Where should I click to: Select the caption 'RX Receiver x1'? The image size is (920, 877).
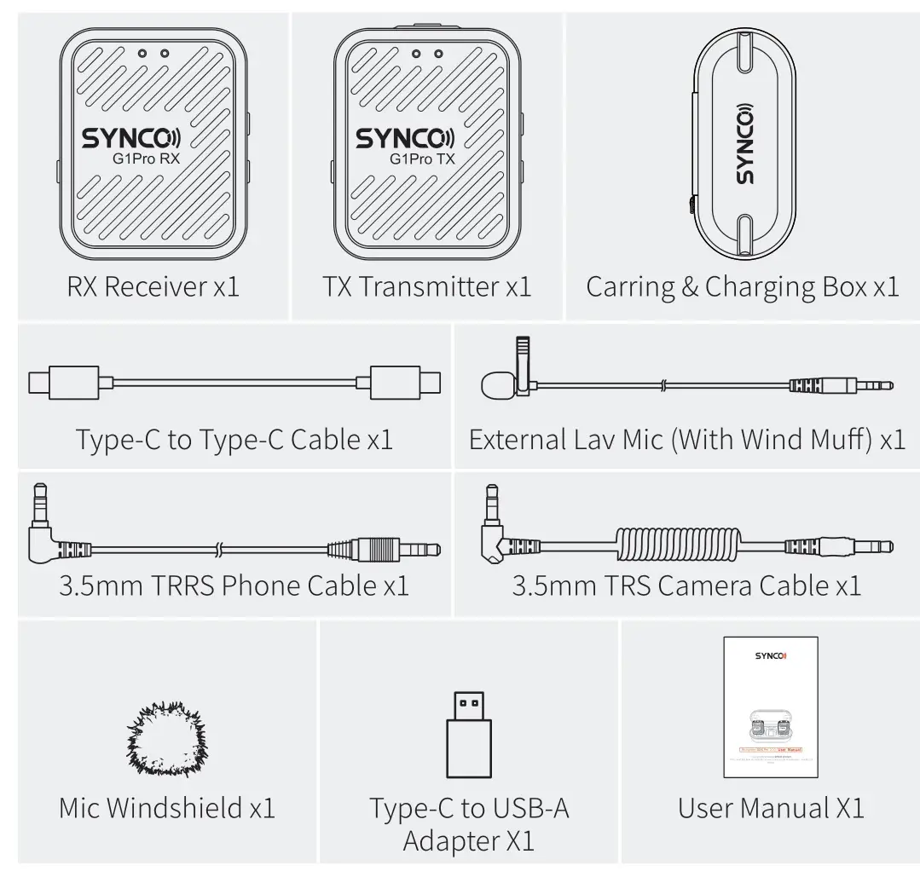point(153,287)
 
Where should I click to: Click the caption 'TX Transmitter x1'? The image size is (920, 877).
point(426,287)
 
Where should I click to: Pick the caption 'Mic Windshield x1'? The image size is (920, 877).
point(167,808)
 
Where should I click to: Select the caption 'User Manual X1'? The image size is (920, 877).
point(771,808)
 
